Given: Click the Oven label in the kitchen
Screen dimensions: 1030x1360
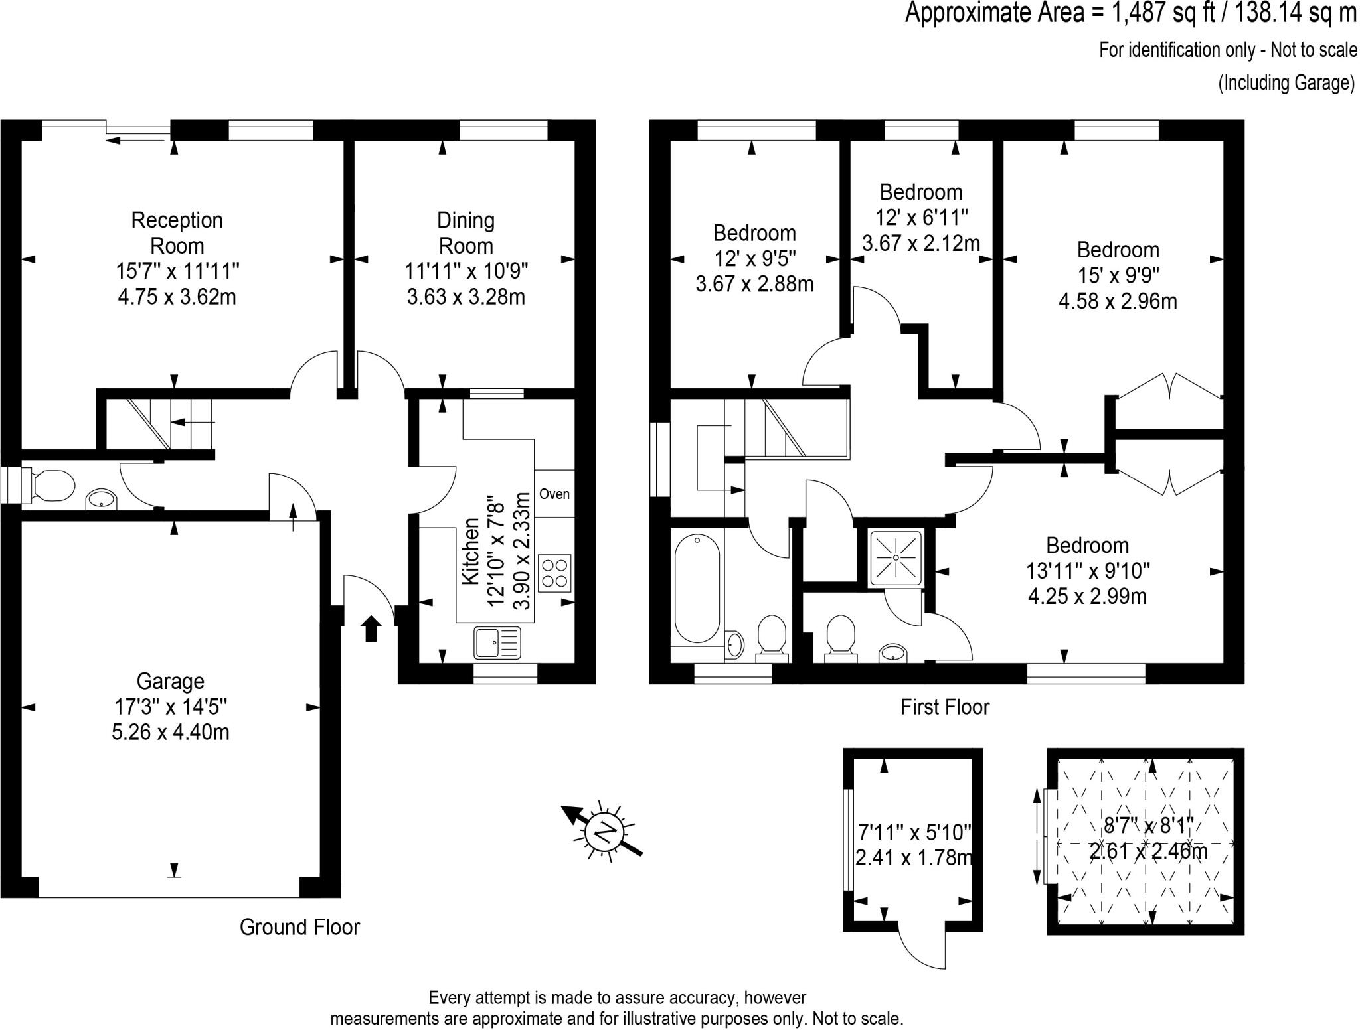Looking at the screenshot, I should tap(554, 494).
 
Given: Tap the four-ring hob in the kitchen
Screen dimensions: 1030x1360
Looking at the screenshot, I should tap(555, 573).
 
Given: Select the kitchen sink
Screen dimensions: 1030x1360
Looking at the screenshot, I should tap(497, 642).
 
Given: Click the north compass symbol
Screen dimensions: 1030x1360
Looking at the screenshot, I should tap(604, 832).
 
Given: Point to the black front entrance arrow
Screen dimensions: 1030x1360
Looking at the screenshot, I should tap(371, 628).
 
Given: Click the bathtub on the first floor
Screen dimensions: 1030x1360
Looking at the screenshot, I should tap(697, 591).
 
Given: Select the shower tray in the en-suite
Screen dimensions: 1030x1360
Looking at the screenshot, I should tap(896, 558).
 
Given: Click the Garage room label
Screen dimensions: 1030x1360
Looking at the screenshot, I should tap(170, 682).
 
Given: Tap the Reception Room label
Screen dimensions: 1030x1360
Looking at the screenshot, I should tap(177, 232).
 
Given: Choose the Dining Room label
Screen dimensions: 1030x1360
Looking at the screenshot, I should tap(466, 232).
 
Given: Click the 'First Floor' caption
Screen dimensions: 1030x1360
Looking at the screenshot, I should tap(944, 707).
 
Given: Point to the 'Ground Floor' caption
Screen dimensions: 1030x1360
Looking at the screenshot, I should tap(299, 927).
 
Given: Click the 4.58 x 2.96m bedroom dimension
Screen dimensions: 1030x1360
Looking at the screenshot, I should tap(1118, 301).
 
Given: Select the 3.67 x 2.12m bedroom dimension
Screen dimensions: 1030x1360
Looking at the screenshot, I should tap(920, 243).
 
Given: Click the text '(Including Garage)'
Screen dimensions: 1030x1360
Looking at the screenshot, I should tap(1286, 84).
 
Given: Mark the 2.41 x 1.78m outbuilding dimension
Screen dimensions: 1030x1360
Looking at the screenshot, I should tap(913, 857).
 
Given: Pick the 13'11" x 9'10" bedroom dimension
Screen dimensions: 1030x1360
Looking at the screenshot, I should tap(1087, 571).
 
